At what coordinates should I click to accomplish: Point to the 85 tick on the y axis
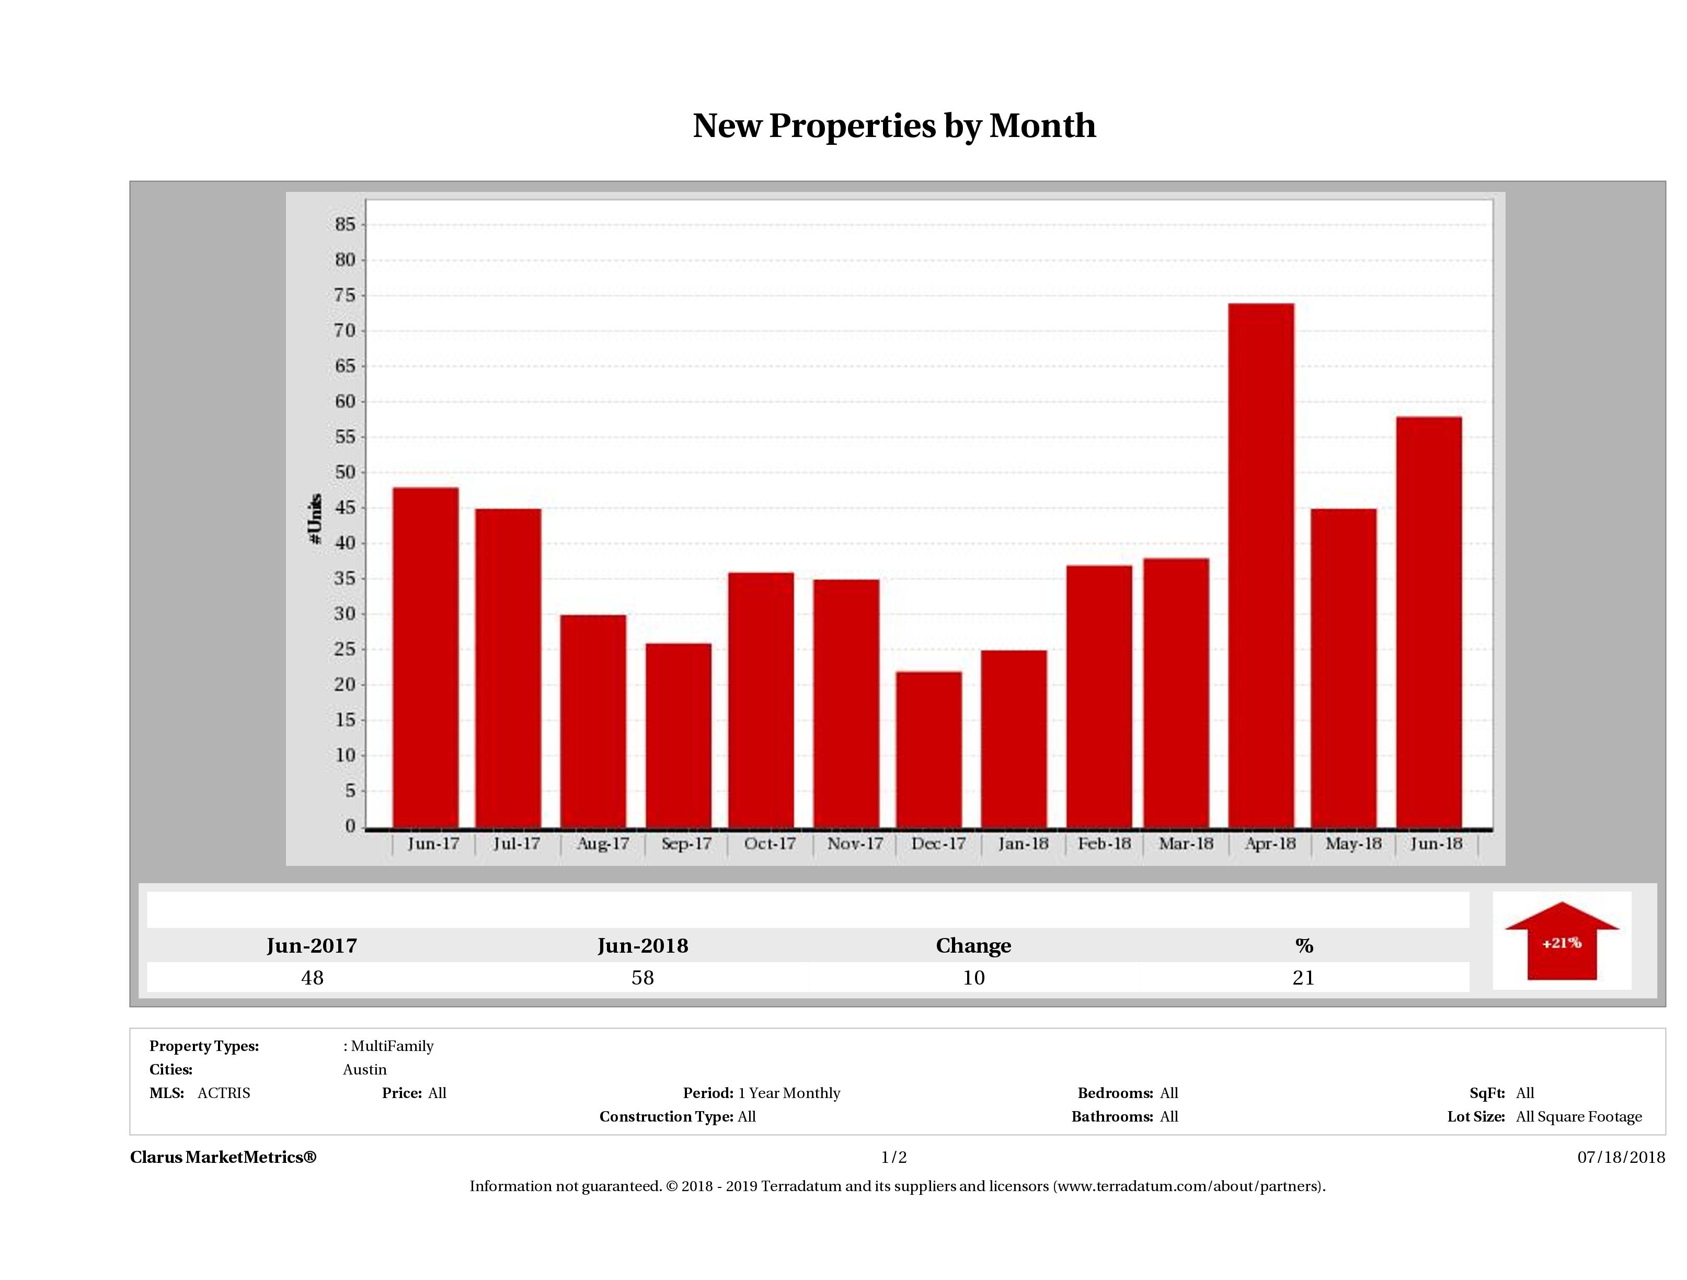tap(345, 224)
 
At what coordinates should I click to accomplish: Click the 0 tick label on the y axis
tap(350, 826)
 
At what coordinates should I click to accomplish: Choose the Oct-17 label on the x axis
tap(769, 844)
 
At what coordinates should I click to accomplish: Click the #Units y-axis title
tap(314, 519)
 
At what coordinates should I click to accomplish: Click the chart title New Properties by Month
tap(894, 126)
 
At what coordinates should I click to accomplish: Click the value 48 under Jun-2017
tap(312, 977)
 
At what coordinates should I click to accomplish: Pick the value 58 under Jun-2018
tap(642, 977)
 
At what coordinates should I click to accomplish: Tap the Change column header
tap(973, 946)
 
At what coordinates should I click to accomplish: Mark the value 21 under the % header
tap(1303, 977)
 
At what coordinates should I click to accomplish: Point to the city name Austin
tap(364, 1069)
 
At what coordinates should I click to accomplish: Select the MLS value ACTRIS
tap(223, 1093)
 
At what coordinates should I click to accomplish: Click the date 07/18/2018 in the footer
tap(1621, 1157)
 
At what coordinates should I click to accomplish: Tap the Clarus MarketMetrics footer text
tap(223, 1157)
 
